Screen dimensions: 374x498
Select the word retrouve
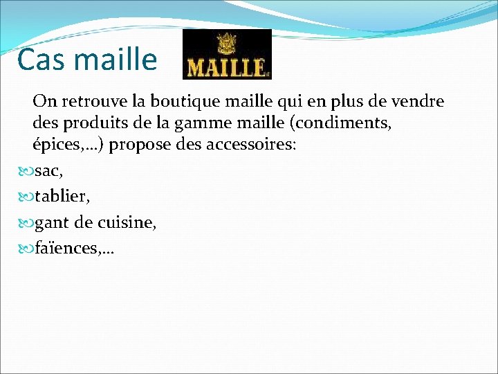coord(95,102)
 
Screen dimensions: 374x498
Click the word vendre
coord(418,102)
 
